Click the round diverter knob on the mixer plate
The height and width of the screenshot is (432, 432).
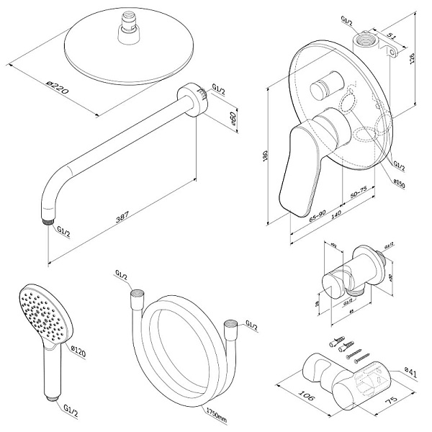321,91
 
